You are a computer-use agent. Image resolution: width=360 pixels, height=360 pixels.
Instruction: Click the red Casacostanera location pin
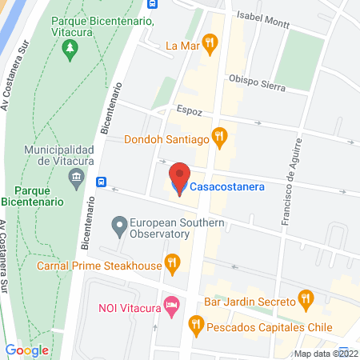click(180, 176)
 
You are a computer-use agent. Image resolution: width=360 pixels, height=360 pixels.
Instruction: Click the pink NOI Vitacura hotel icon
click(170, 306)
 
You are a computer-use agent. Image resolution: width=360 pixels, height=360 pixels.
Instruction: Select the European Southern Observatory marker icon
click(119, 227)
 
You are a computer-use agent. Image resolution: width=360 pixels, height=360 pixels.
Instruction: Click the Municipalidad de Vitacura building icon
click(77, 177)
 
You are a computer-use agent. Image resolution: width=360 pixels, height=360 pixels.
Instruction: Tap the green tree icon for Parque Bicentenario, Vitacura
click(70, 48)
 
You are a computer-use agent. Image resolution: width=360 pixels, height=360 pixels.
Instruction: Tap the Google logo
click(27, 350)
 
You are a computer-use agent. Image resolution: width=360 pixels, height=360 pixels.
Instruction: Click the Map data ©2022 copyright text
click(326, 353)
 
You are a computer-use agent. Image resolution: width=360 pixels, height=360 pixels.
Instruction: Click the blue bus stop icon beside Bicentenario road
click(102, 182)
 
